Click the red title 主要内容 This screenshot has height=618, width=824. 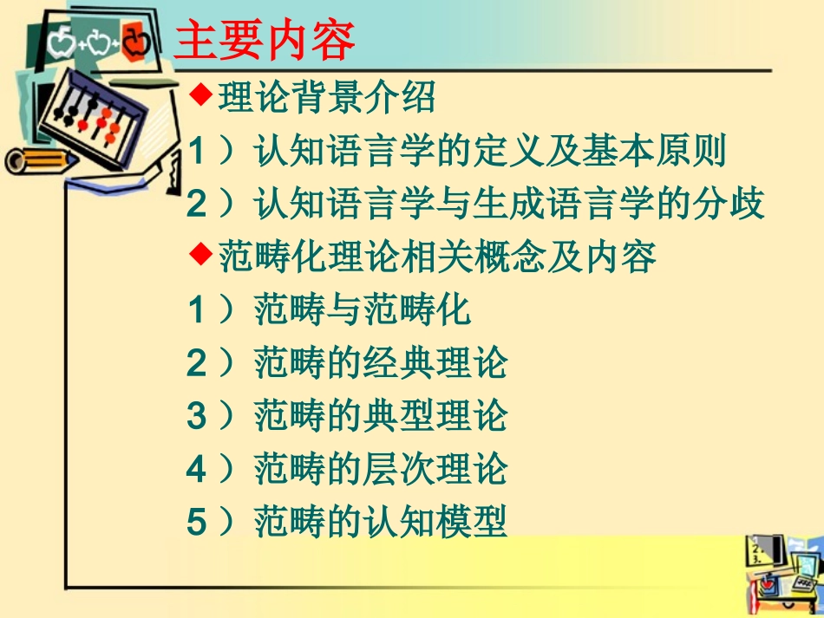pyautogui.click(x=264, y=41)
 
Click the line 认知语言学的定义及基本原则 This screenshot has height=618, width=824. pyautogui.click(x=489, y=151)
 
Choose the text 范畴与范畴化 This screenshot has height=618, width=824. pyautogui.click(x=363, y=309)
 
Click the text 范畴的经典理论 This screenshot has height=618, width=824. pyautogui.click(x=380, y=363)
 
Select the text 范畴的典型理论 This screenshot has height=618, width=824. pyautogui.click(x=380, y=416)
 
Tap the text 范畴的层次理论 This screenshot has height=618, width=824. pyautogui.click(x=380, y=469)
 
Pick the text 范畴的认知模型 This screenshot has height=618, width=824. pyautogui.click(x=380, y=522)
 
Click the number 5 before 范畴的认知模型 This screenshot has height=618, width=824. pyautogui.click(x=196, y=522)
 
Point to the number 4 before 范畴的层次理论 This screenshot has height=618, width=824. pyautogui.click(x=196, y=469)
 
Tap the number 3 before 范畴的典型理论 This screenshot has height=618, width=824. pyautogui.click(x=196, y=416)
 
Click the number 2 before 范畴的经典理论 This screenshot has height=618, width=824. pyautogui.click(x=196, y=363)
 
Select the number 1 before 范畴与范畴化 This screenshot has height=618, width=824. pyautogui.click(x=196, y=309)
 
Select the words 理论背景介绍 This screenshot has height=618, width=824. pyautogui.click(x=326, y=98)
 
